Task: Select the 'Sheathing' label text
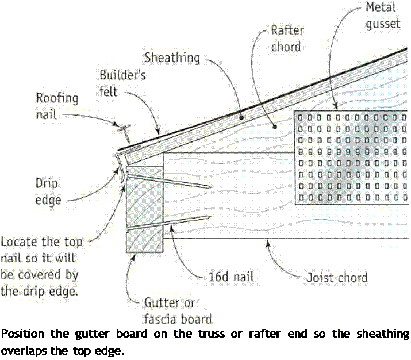172,58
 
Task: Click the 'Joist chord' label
336,278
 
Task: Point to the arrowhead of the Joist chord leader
266,243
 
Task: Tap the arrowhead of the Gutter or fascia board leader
134,256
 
